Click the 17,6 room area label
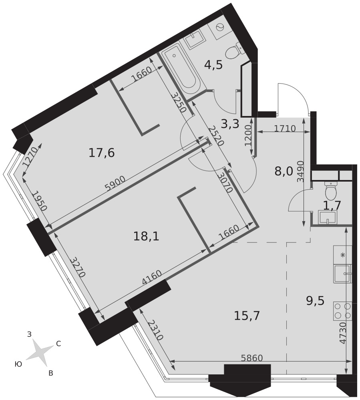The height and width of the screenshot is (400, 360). point(102,153)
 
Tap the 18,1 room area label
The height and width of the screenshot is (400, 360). point(146,236)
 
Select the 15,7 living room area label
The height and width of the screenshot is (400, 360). point(247,316)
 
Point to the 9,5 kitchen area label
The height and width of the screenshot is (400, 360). point(315,301)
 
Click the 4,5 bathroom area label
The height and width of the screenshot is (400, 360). point(213,65)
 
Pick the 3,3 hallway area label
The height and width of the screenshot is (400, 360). point(230,124)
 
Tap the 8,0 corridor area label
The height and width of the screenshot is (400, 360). point(284,172)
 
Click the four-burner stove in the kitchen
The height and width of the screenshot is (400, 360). point(342,311)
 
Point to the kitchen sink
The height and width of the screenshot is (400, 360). point(342,274)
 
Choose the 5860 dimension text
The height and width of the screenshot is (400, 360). point(252,358)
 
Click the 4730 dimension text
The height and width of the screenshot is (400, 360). point(343,333)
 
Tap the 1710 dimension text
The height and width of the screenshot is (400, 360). point(285,128)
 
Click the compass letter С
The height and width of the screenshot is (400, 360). point(58,344)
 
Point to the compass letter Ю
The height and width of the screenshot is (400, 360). point(18,364)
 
